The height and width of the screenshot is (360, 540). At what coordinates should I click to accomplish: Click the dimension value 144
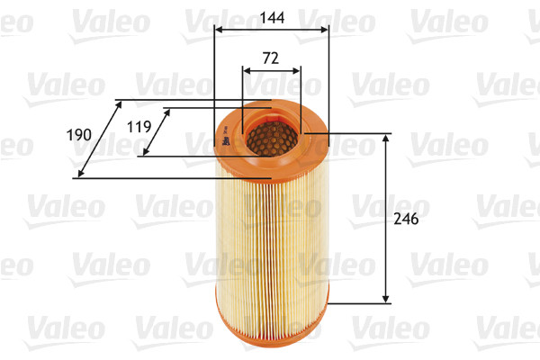tap(272, 16)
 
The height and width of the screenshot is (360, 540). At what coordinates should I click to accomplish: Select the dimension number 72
tap(271, 58)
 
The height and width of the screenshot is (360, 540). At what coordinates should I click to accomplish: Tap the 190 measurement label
tap(80, 135)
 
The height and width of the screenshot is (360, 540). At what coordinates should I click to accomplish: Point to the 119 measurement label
tap(139, 127)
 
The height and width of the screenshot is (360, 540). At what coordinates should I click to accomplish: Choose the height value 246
tap(406, 219)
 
